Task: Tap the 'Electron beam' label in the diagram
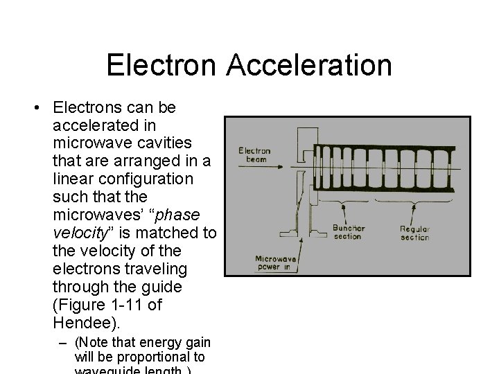[254, 154]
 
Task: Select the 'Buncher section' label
[348, 232]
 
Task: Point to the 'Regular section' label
[414, 233]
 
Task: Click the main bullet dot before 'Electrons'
[34, 108]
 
